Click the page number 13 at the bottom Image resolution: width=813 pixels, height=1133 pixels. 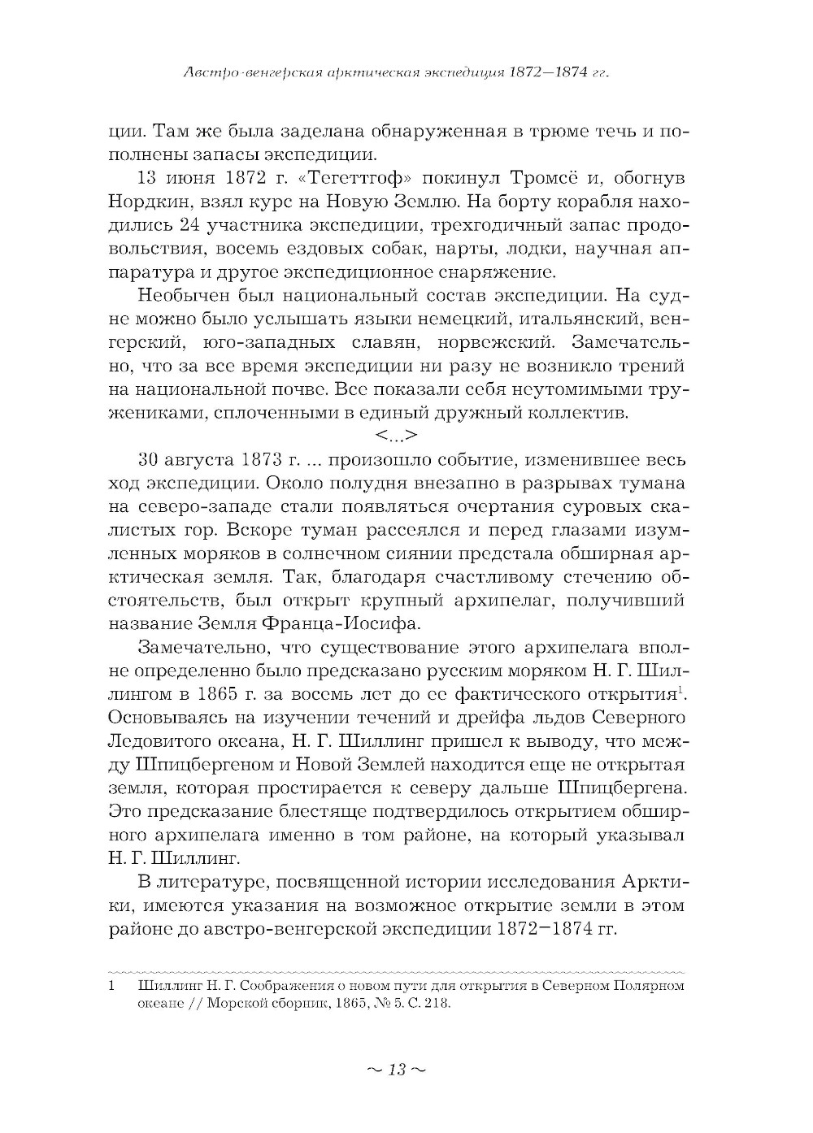click(396, 1068)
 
